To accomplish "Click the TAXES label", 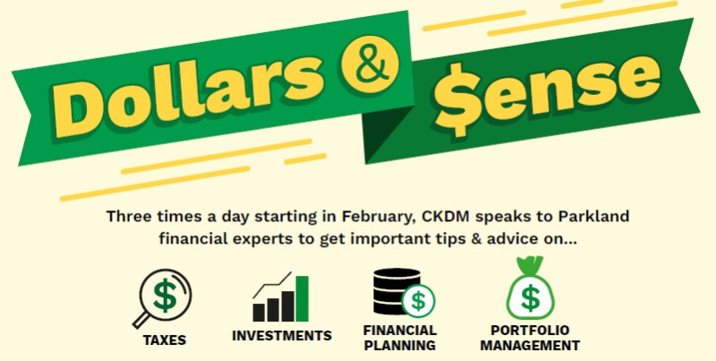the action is (x=165, y=340).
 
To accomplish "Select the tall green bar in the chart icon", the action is (x=302, y=298).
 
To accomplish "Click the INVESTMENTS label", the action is (x=282, y=335).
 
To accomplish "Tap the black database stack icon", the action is (x=396, y=291).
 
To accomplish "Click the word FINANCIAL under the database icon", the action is (x=400, y=330).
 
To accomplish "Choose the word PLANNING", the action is (x=400, y=346).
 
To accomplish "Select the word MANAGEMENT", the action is (x=530, y=346).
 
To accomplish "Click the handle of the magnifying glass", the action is (x=141, y=320).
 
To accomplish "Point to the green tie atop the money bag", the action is (x=530, y=265).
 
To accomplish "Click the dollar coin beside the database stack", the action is (x=418, y=301).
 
